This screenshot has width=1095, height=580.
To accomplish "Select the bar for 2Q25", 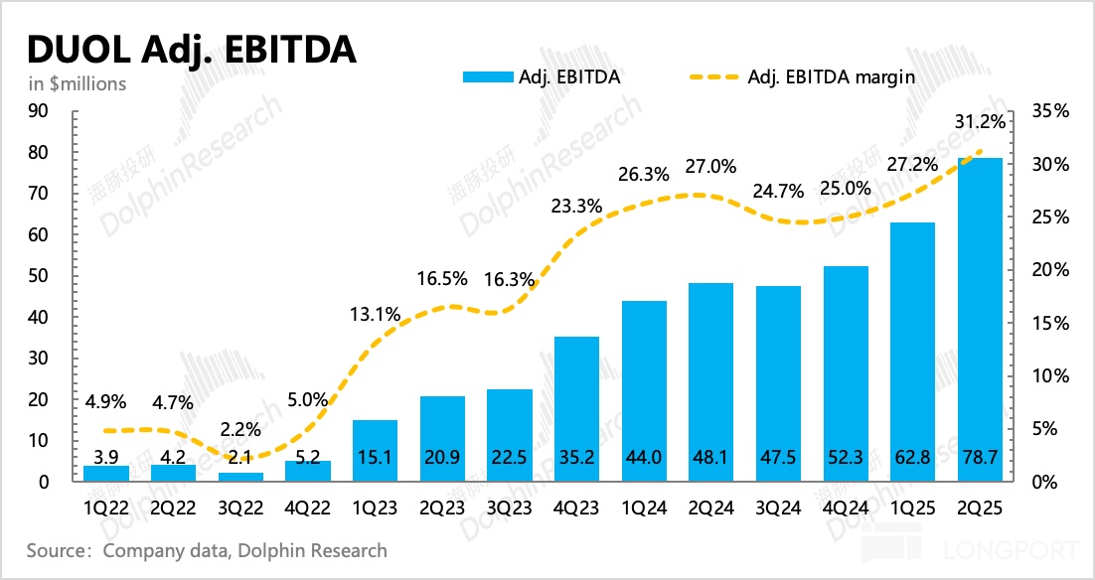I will (979, 318).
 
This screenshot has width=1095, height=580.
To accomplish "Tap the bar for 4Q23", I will (576, 407).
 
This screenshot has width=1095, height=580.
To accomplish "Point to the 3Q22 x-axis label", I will (240, 506).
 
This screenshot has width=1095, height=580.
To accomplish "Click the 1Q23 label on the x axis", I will (375, 506).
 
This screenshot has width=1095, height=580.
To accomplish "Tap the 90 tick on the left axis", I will (39, 111).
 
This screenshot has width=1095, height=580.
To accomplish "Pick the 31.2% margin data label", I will (980, 121).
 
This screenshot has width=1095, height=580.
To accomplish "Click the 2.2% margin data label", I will (241, 430).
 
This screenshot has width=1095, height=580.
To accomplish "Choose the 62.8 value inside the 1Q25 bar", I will (911, 460).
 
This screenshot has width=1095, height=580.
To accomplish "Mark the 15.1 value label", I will (375, 460).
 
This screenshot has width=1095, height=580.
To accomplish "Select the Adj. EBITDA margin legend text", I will (831, 76).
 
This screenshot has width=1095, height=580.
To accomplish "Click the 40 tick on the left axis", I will (39, 317).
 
